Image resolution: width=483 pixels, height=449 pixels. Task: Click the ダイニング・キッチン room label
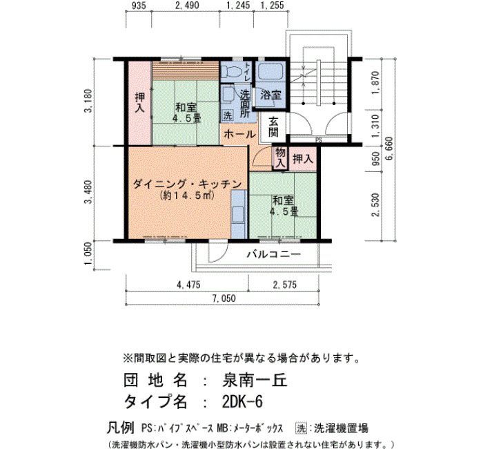pos(187,184)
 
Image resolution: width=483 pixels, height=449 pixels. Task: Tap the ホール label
pos(239,135)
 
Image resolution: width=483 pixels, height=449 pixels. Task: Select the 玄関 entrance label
pos(273,127)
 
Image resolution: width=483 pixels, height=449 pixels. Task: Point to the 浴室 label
pos(271,95)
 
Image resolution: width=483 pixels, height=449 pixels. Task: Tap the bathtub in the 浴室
pos(271,72)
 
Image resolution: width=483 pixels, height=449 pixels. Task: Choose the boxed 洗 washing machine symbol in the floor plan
pos(228,115)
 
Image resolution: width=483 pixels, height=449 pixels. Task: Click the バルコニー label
pos(274,254)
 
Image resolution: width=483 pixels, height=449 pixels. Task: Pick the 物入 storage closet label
pos(280,157)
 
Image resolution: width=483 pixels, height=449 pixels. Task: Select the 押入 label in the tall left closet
pos(140,103)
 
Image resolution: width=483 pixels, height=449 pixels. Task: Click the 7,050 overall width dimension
pos(224,298)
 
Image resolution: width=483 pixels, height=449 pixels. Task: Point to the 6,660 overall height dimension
pos(389,149)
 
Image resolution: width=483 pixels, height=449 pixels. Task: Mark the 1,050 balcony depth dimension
pos(88,254)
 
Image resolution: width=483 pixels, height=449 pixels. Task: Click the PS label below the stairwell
pos(319,140)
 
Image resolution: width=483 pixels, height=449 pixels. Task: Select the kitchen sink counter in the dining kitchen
pos(239,214)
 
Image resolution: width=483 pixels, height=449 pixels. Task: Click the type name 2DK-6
pos(242,402)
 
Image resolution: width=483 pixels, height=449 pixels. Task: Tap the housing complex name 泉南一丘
pos(255,380)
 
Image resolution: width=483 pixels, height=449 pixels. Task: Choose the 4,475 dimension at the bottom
pos(188,285)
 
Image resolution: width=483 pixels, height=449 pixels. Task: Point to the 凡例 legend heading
pos(121,428)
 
